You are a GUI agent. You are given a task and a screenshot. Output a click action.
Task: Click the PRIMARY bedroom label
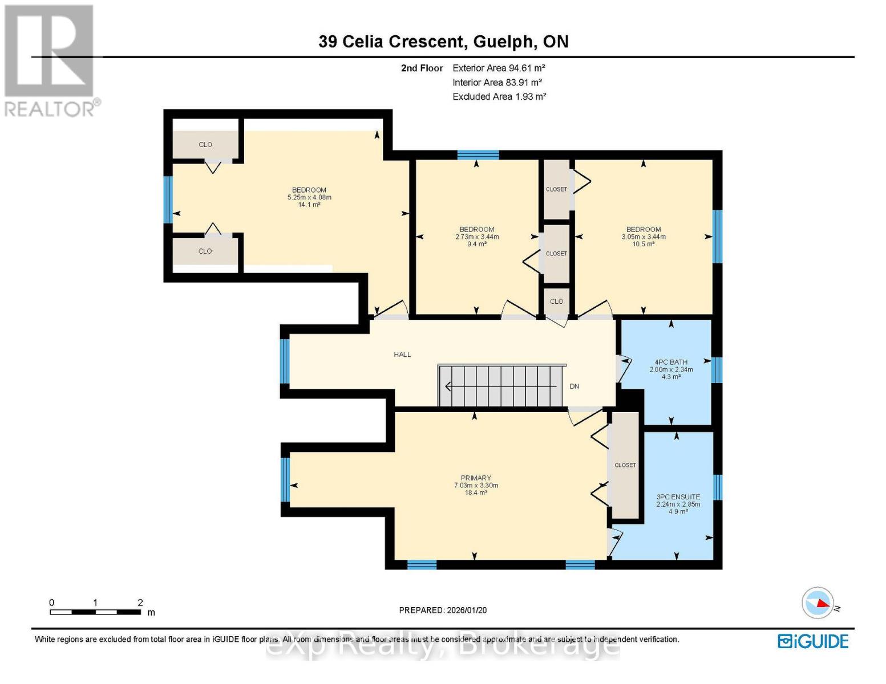pos(476,478)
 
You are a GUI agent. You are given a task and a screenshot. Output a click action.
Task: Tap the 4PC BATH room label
pos(671,362)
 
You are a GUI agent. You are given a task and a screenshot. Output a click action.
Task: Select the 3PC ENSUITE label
pos(678,497)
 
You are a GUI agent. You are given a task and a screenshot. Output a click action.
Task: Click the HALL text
pos(402,355)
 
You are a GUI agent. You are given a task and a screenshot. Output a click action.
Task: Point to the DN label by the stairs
pos(574,386)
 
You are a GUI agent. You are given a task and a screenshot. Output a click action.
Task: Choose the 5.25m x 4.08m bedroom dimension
pos(309,197)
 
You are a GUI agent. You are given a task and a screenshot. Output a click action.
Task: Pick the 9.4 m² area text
pos(476,244)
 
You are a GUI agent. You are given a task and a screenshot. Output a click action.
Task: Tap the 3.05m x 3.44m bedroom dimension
pos(644,237)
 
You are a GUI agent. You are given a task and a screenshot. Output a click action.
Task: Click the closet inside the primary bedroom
pos(625,465)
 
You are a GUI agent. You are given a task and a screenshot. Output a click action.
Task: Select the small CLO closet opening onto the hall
pos(556,302)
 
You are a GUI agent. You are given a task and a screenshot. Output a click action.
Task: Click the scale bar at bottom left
pos(95,612)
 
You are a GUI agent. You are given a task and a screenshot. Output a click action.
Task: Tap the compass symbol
pos(818,603)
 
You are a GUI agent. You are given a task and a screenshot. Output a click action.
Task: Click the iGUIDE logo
pos(813,641)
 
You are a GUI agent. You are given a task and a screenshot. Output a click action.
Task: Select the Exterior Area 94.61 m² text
pos(499,68)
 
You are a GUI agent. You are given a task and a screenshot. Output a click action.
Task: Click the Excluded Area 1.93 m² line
pos(499,97)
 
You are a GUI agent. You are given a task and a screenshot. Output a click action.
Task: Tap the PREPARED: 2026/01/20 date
pos(443,610)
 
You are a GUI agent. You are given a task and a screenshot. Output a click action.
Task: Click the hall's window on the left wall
pos(285,361)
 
